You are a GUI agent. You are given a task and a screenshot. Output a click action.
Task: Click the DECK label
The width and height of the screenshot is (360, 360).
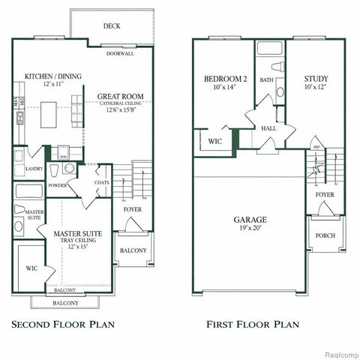(x=112, y=26)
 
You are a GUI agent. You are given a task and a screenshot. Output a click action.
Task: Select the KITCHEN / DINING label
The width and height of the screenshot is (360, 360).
(x=53, y=76)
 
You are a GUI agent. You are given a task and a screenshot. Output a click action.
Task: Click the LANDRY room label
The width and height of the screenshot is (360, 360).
(x=32, y=169)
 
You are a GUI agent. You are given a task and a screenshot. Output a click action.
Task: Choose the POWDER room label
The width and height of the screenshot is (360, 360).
(x=57, y=184)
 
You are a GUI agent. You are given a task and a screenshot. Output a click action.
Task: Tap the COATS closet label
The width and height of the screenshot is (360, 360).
(x=102, y=182)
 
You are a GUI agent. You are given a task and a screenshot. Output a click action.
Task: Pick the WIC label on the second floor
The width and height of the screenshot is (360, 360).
(x=31, y=267)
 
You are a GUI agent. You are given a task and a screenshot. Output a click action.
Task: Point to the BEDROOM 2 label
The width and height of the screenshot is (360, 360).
(x=225, y=79)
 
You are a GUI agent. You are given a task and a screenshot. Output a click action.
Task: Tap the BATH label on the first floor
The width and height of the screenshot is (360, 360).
(x=266, y=79)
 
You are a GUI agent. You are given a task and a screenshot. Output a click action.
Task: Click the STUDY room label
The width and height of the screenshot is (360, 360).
(x=316, y=79)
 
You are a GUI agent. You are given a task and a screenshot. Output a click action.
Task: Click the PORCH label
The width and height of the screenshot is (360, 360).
(x=325, y=235)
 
